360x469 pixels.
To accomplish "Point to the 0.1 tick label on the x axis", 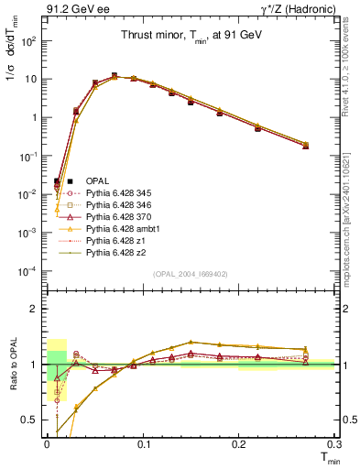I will pyautogui.click(x=142, y=443).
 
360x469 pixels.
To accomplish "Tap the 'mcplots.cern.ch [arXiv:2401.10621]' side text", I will pyautogui.click(x=352, y=211).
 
